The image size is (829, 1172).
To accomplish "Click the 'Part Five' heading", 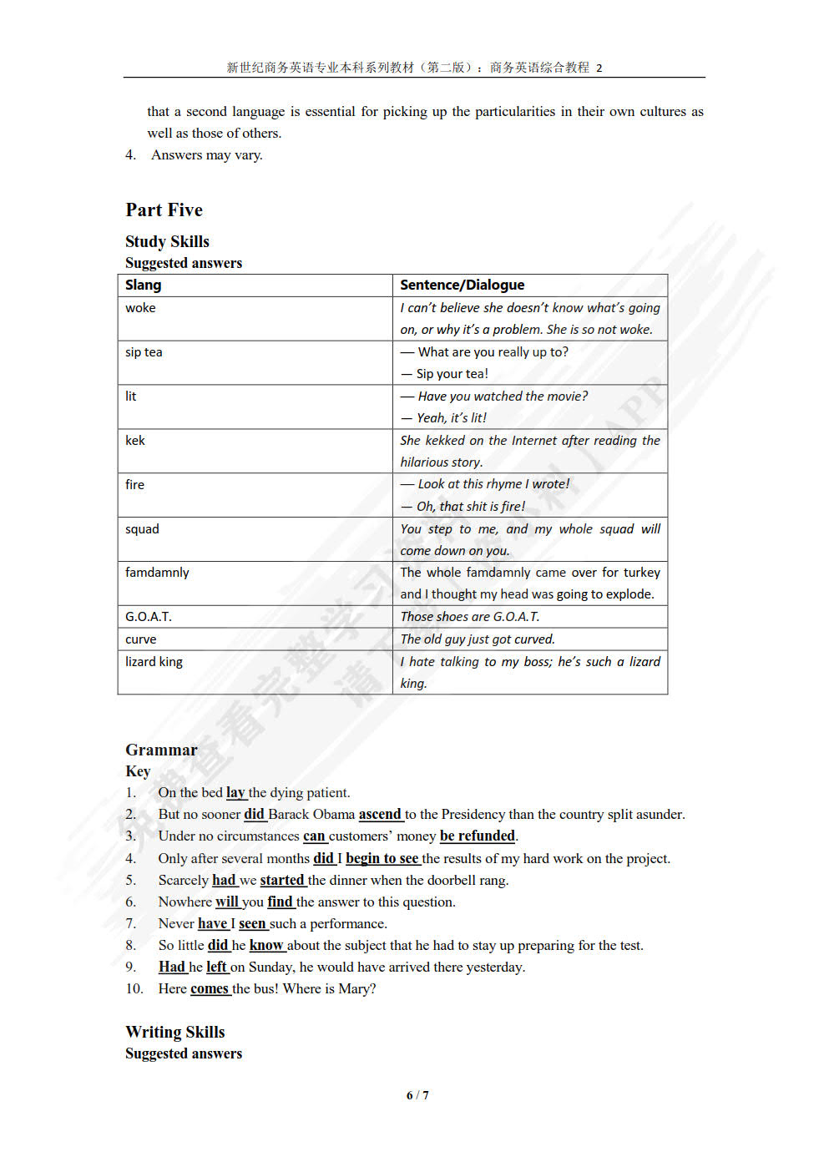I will point(164,210).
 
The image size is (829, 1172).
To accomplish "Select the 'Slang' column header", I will point(144,285).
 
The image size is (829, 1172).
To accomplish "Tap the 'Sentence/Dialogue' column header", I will point(462,285).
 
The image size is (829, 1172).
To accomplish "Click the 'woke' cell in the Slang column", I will point(140,308).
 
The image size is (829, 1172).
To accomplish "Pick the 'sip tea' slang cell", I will point(144,352).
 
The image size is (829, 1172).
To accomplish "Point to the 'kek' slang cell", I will point(135,441).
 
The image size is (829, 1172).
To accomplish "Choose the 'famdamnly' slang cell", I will point(157,573).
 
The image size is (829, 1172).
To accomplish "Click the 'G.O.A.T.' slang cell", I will point(149,617).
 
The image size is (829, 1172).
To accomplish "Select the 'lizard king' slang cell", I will point(154,662).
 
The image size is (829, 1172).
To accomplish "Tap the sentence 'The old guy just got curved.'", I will point(477,639).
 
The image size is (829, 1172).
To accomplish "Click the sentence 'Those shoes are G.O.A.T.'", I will point(469,617).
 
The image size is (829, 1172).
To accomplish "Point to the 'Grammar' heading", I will point(161,750).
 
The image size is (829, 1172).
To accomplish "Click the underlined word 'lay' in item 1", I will point(235,793).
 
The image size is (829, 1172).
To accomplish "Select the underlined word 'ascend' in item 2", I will point(380,815).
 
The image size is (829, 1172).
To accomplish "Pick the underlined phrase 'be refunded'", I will point(477,836).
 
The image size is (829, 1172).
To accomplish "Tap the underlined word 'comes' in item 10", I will point(209,989).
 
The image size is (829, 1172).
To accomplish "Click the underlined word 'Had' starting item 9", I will point(171,967).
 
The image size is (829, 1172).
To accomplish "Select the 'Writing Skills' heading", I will point(174,1033).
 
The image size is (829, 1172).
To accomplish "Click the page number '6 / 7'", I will point(417,1095).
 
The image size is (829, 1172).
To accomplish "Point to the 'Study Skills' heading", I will point(167,241).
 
